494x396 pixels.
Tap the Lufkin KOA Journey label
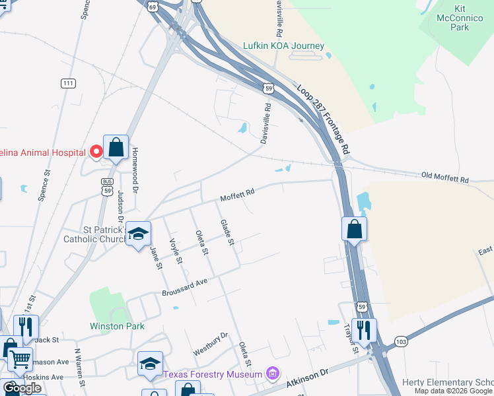[285, 46]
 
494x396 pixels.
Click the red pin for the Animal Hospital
[96, 151]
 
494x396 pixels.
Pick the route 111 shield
[67, 82]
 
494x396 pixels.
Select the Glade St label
[227, 232]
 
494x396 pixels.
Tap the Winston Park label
[117, 326]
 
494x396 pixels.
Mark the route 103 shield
[400, 341]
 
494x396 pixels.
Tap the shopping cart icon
[20, 360]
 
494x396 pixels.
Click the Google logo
[22, 388]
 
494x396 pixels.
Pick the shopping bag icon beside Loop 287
[355, 228]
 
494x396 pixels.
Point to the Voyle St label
[175, 251]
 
